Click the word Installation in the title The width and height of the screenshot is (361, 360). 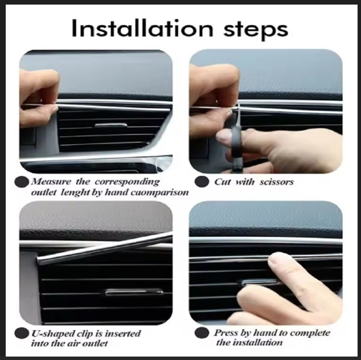(142, 28)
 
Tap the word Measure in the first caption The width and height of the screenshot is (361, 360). (51, 182)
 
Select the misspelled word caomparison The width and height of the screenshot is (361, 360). (159, 193)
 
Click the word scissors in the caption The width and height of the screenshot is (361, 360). (277, 182)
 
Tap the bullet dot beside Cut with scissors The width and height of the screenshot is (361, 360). (202, 182)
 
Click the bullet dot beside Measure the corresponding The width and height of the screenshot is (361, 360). (22, 182)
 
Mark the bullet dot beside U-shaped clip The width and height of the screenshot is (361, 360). (22, 333)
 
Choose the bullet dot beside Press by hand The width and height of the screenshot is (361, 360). (202, 333)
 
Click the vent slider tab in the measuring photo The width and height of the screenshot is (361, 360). (111, 125)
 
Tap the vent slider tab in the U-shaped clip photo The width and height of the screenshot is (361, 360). (134, 292)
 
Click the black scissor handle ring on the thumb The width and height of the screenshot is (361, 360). (236, 138)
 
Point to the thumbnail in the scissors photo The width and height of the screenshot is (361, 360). (223, 138)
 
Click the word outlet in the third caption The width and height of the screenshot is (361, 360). (95, 344)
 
